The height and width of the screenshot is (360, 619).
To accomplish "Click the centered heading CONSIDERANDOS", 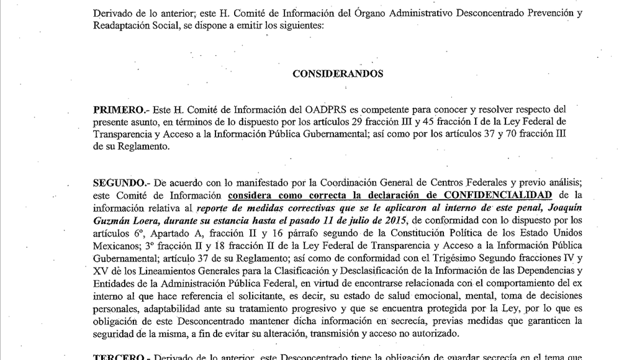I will tap(338, 73).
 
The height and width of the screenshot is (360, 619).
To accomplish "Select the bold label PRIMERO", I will tap(115, 109).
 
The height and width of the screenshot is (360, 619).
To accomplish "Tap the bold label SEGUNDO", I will tap(118, 182).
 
